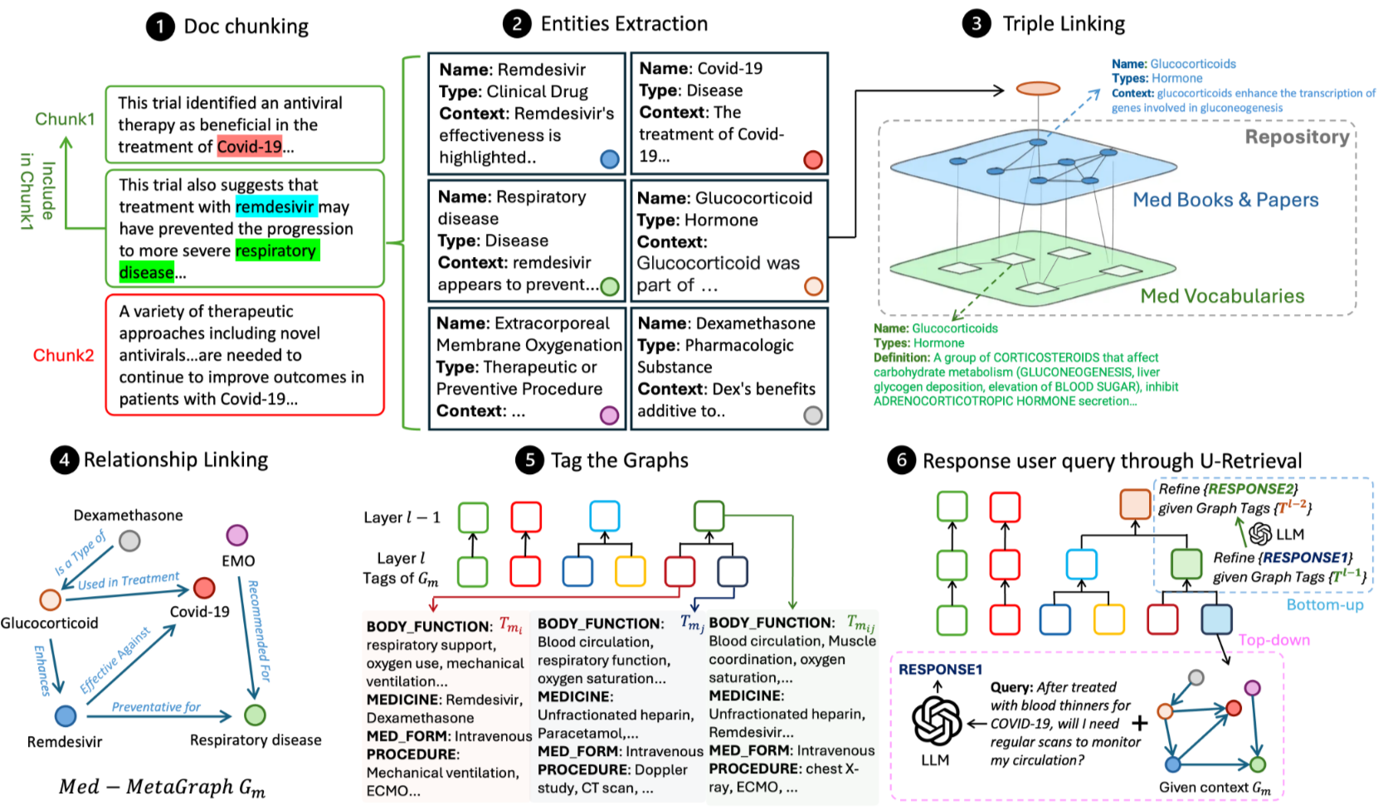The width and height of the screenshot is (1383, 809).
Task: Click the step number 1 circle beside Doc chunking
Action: click(160, 27)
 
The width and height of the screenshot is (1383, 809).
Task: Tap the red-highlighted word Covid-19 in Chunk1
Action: click(250, 147)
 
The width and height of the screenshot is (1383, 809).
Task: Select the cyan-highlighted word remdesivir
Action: click(275, 206)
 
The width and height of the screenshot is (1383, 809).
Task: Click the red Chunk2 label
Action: click(63, 356)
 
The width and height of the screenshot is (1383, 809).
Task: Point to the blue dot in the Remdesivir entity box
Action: click(609, 159)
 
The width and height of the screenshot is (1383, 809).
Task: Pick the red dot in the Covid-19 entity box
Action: click(813, 160)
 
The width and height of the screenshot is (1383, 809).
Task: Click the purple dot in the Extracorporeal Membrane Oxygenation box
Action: click(609, 415)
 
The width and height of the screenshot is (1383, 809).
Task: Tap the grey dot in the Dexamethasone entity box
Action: click(813, 415)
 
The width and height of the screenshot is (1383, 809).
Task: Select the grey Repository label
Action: click(1297, 137)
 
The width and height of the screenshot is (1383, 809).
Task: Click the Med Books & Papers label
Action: click(1225, 200)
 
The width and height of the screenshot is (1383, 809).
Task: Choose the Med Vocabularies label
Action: click(1222, 296)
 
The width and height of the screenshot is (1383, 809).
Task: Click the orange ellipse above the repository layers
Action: click(1038, 89)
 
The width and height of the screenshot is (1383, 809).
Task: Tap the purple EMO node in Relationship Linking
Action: click(237, 535)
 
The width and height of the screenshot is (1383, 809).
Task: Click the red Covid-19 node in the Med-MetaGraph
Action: click(204, 588)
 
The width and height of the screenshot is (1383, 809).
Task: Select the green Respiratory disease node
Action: click(256, 715)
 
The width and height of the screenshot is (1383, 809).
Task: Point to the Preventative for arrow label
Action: click(156, 707)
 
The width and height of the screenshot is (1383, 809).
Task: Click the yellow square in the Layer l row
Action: click(631, 571)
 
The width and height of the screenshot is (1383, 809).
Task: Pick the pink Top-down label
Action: click(1273, 640)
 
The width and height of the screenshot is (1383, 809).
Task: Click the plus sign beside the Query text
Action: click(1140, 724)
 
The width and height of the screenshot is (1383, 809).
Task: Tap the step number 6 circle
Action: click(901, 460)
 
